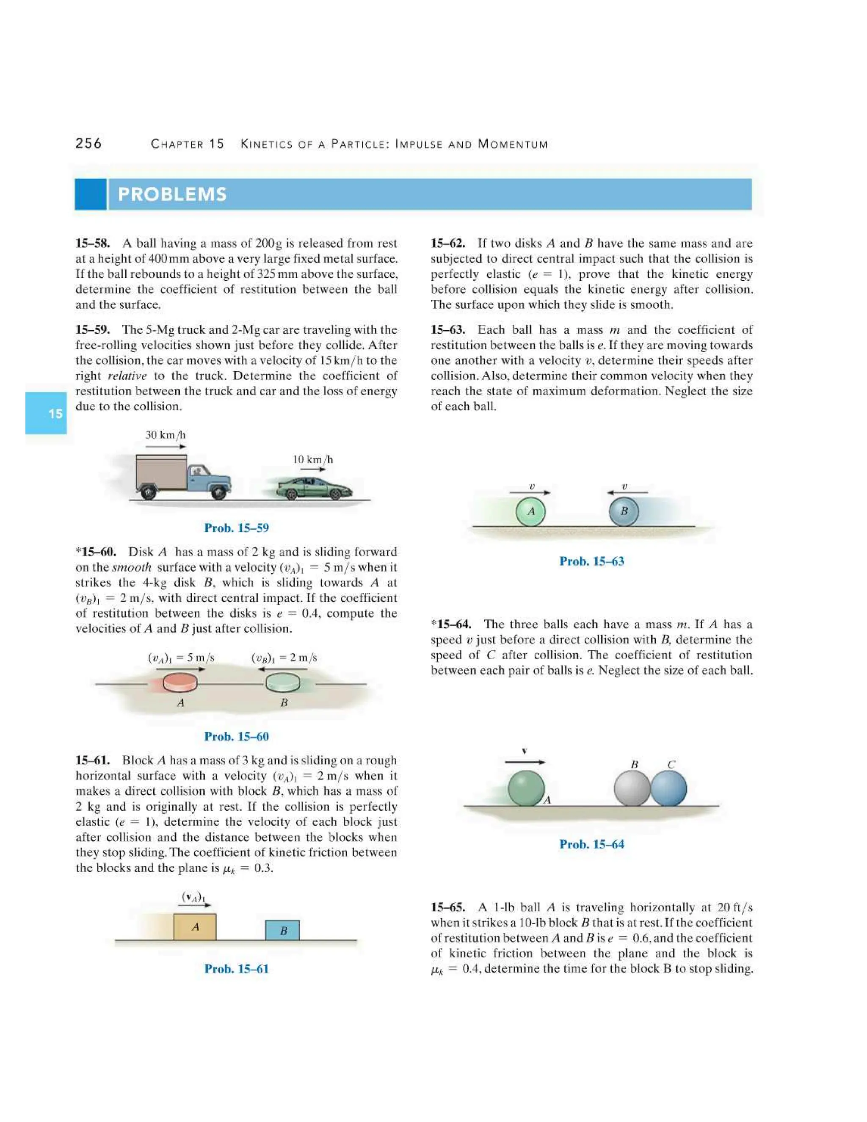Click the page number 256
pos(88,144)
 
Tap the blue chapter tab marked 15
pos(46,413)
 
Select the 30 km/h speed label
pos(166,435)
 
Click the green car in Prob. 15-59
pos(314,488)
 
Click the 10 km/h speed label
pos(312,459)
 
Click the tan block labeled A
pos(195,927)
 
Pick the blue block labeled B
pos(282,930)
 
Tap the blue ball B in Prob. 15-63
pos(624,511)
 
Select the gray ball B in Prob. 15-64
pos(631,788)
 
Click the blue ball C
pos(669,788)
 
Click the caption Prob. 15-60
pos(236,736)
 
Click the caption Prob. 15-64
pos(592,844)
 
